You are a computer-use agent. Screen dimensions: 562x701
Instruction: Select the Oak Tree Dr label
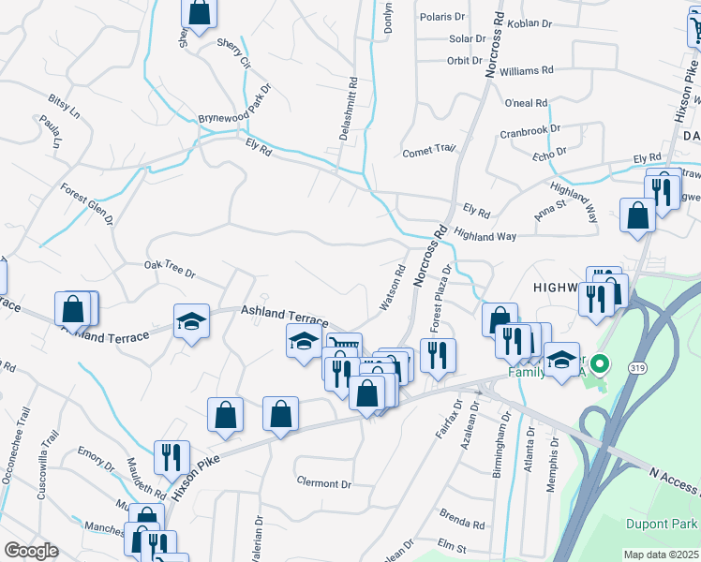pos(169,270)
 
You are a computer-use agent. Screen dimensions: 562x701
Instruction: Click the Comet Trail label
pos(427,150)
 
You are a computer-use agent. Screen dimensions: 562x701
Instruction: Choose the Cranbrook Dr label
pos(529,131)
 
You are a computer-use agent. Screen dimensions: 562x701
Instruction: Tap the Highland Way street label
pos(485,235)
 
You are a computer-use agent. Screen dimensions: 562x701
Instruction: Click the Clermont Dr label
pos(322,483)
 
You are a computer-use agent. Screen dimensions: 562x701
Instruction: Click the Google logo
pos(31,551)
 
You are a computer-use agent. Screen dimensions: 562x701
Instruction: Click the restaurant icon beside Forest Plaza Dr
pos(438,355)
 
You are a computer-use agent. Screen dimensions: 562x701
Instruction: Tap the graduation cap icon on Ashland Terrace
pos(192,321)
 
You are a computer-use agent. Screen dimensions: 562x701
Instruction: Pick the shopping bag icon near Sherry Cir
pos(200,12)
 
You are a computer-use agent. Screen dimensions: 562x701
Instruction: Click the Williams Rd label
pos(527,70)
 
